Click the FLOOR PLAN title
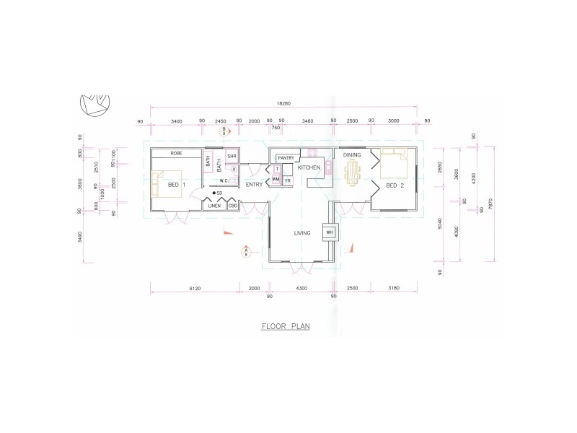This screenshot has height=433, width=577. pos(286,326)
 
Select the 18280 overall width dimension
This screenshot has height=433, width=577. pos(286,103)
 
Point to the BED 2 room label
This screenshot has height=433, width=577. pos(395,185)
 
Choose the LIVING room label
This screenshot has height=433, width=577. pos(301,233)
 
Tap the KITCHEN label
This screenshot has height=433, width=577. pos(309,167)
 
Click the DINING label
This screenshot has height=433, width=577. pos(352,155)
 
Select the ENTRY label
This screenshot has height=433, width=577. pos(253,185)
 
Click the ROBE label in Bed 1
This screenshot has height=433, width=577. pos(176,154)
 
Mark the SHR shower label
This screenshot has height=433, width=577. pos(232,156)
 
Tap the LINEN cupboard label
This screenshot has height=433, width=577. pos(214,206)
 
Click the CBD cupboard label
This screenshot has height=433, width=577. pos(233,206)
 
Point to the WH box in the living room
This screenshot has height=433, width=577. pos(330,232)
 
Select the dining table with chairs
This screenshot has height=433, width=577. pos(352,172)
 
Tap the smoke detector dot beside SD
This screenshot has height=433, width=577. pos(213,193)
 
